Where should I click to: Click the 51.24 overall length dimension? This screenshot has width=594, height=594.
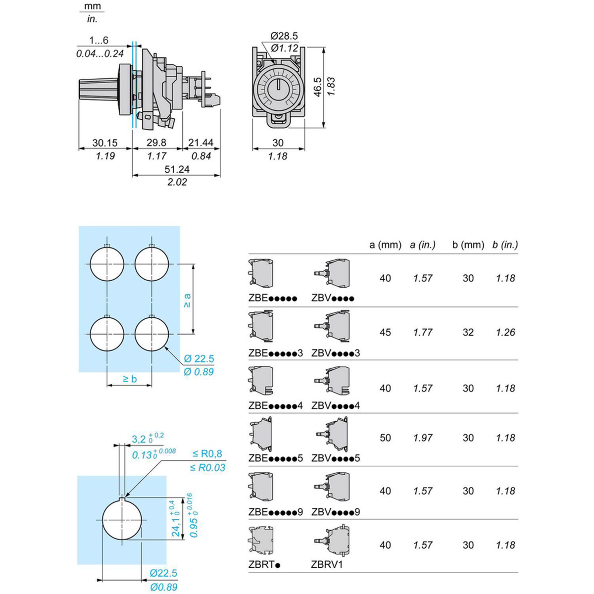click(177, 169)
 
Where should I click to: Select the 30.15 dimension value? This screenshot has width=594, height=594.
click(105, 143)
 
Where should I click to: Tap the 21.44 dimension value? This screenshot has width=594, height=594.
click(200, 143)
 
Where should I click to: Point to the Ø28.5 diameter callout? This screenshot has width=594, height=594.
click(284, 36)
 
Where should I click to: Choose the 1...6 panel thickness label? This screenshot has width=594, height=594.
click(99, 40)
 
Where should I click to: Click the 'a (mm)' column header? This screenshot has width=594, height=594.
click(385, 245)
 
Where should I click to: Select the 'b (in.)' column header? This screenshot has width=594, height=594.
click(505, 245)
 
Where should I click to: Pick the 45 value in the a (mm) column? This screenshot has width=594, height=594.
click(385, 332)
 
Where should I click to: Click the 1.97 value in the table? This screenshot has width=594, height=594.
click(423, 438)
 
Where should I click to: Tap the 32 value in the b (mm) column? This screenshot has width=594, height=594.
click(468, 332)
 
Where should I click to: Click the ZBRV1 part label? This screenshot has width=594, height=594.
click(327, 564)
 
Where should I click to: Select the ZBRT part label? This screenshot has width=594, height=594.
click(264, 564)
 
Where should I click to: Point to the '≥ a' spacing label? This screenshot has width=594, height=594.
click(187, 300)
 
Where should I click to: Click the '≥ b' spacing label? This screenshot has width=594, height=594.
click(130, 379)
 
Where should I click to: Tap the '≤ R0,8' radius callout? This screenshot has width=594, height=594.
click(207, 453)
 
